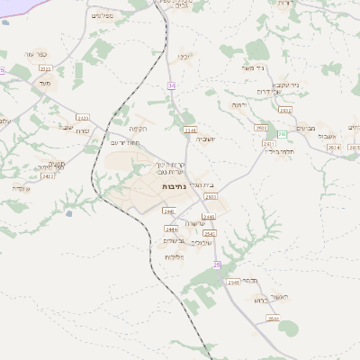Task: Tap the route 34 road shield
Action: coord(171,85)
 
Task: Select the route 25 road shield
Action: coord(217,265)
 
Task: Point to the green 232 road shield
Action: coord(282,134)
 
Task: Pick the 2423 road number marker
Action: coord(83,118)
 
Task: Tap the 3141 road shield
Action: coord(190,130)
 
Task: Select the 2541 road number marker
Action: coord(210,232)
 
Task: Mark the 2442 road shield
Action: coord(168,211)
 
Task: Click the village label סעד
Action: coord(45,83)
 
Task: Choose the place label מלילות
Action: coord(174,256)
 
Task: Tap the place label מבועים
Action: coord(309,128)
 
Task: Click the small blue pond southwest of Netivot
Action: coord(68,214)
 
